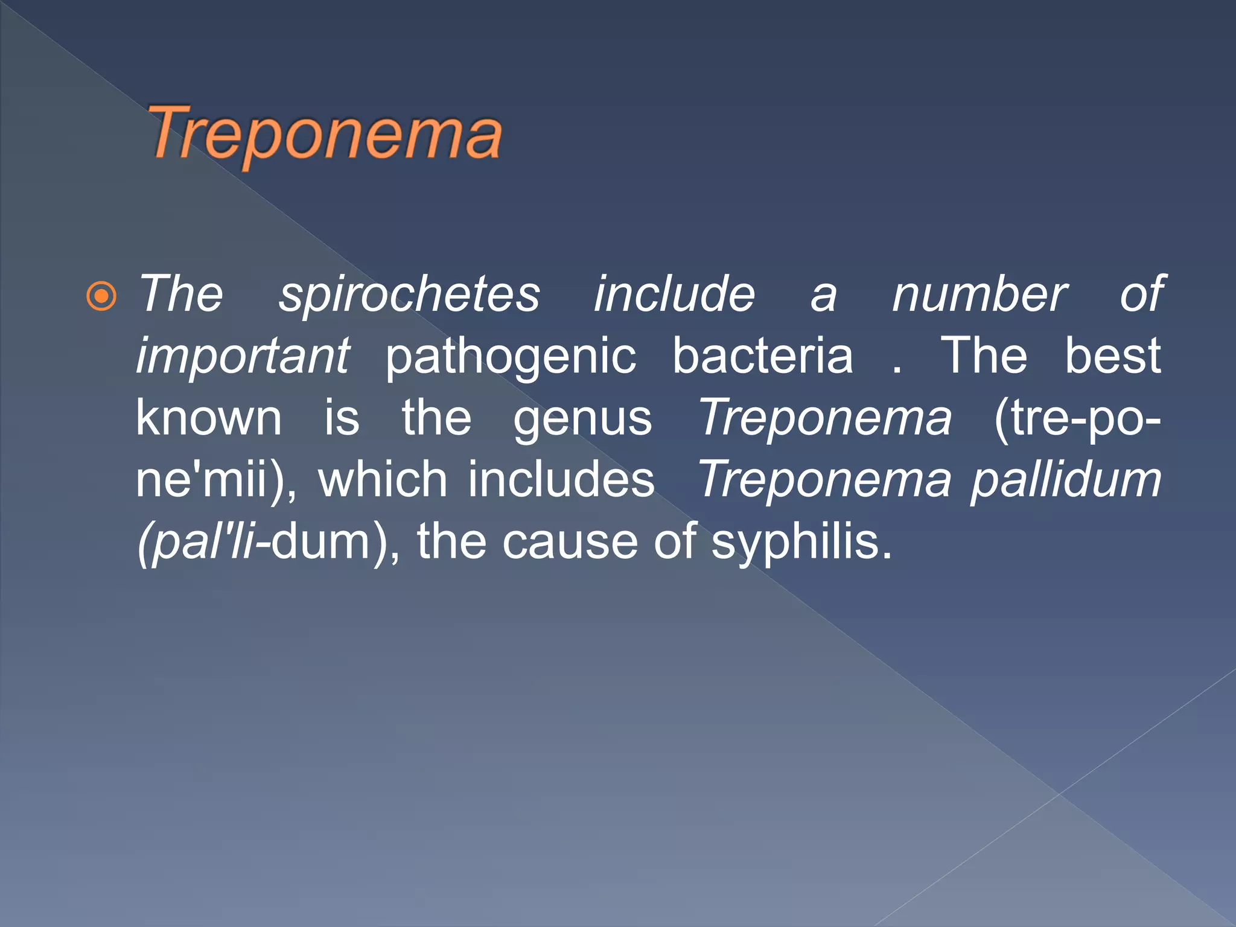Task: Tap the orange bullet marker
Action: point(101,296)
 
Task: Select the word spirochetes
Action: point(409,295)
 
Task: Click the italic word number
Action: point(979,295)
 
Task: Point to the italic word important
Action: point(243,356)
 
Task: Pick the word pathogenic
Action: point(511,357)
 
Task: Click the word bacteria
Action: point(763,356)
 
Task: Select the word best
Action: point(1112,356)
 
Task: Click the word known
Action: point(209,418)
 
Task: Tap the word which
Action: point(383,479)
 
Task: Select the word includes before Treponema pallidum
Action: point(561,479)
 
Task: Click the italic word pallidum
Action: point(1066,480)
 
